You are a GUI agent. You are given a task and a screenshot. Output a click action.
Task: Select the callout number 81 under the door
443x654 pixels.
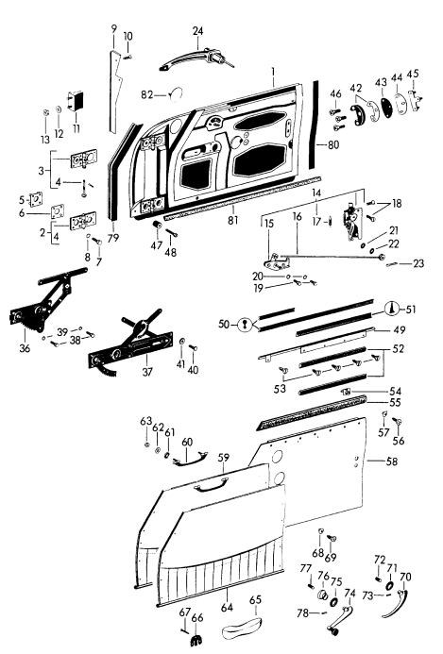[232, 228]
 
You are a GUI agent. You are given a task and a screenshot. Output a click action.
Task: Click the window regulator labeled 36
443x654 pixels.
[38, 315]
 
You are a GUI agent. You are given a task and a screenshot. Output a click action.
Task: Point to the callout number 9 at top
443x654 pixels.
[113, 28]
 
